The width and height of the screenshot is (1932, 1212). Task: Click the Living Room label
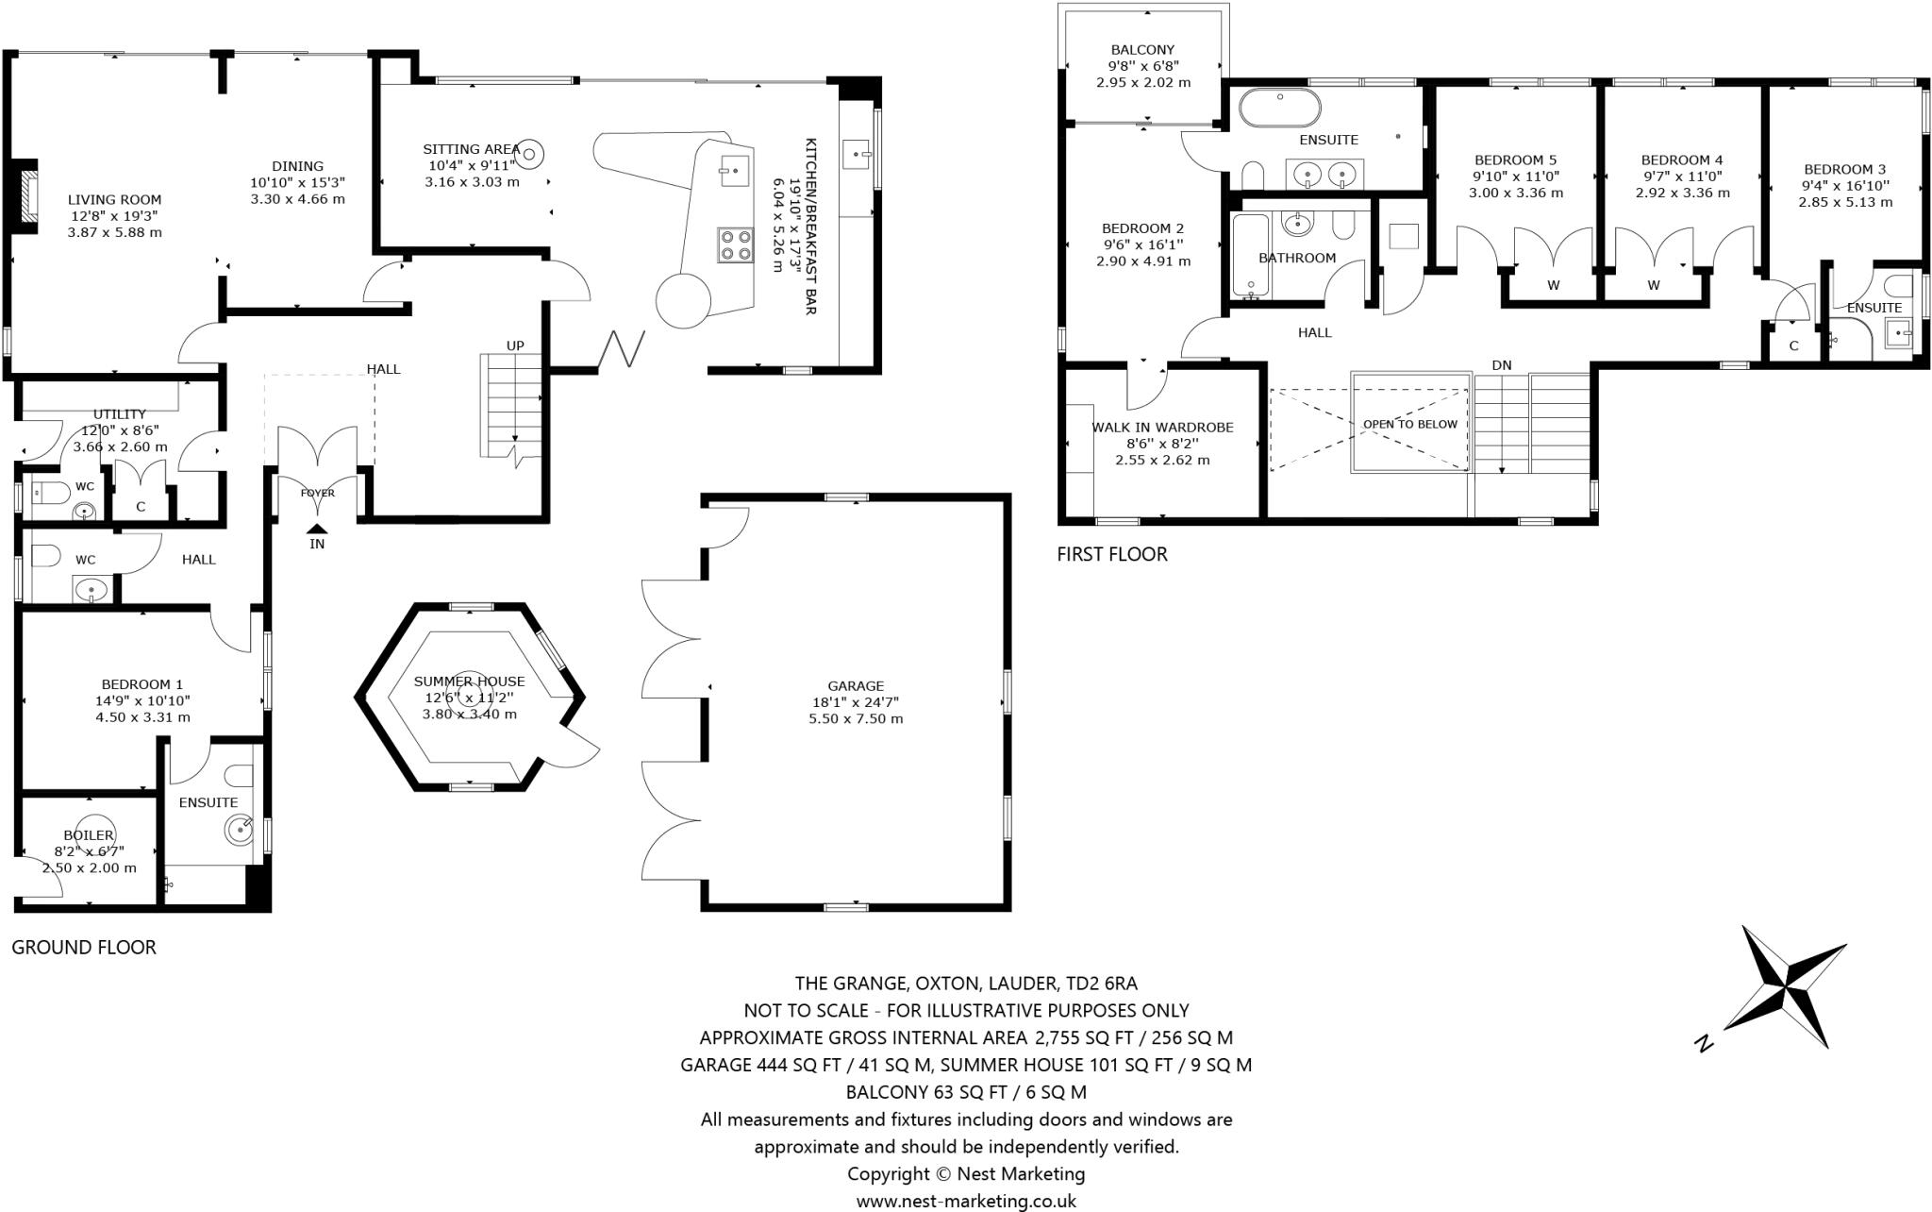tap(114, 199)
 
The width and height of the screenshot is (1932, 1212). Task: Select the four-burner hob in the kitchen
tap(735, 244)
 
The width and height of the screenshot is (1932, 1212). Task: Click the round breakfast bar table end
tap(682, 299)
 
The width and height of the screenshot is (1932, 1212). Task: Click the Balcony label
tap(1142, 50)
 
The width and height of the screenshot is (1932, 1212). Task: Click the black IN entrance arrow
tap(317, 530)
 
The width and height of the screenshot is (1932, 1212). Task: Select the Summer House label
tap(469, 682)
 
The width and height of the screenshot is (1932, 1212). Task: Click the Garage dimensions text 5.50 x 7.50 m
tap(856, 718)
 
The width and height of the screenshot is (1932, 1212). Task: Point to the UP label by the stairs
tap(515, 345)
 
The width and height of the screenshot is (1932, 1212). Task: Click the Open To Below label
tap(1409, 424)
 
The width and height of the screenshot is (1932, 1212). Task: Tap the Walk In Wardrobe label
tap(1162, 427)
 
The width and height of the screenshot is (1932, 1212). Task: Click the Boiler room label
tap(89, 835)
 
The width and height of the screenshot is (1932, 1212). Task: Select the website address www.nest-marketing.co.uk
tap(966, 1201)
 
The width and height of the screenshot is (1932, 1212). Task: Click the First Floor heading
tap(1111, 554)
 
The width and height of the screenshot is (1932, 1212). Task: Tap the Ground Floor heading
tap(83, 947)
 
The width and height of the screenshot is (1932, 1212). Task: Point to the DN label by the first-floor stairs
tap(1502, 364)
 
